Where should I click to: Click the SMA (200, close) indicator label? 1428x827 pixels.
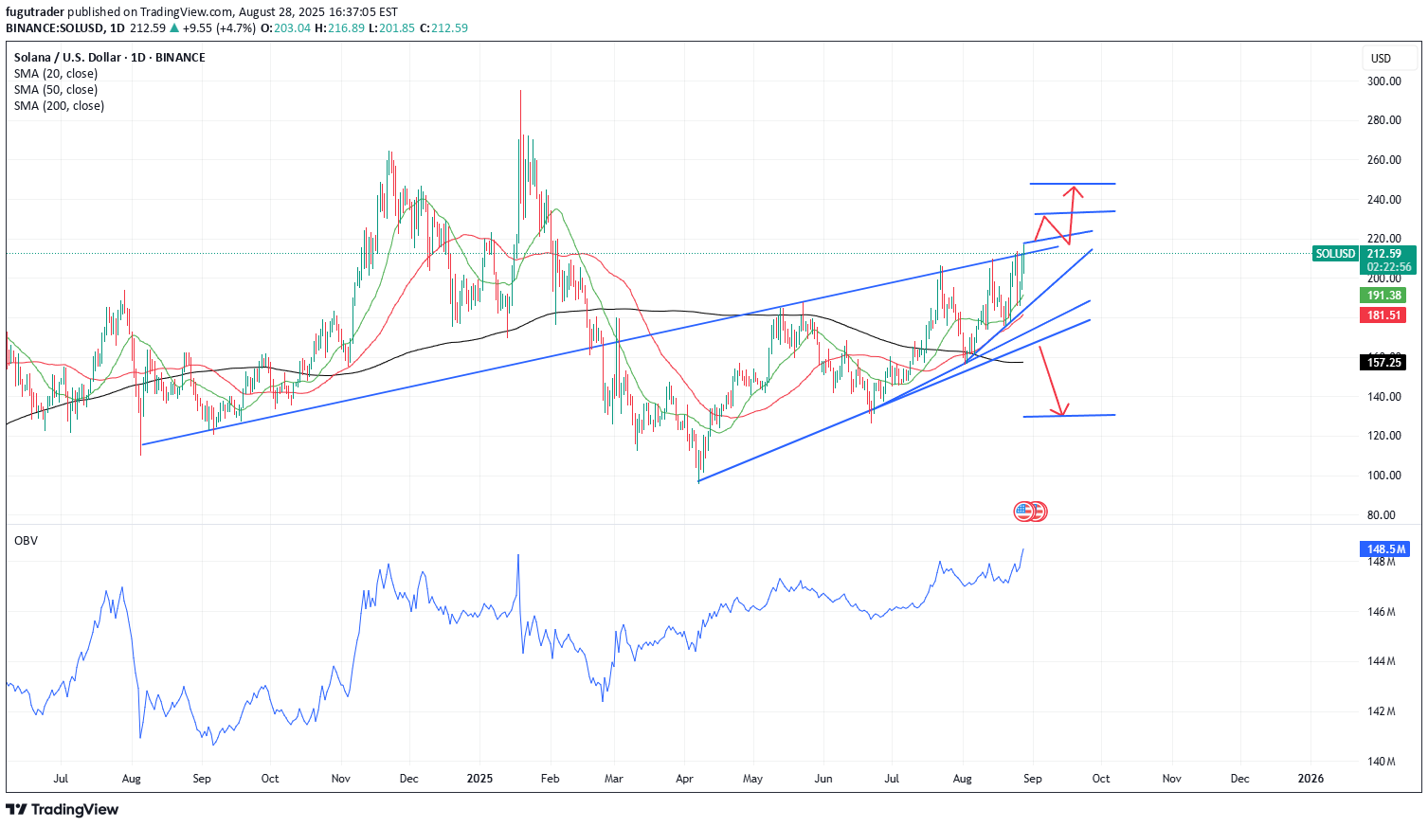(59, 106)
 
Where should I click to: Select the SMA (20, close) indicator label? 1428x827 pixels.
(55, 74)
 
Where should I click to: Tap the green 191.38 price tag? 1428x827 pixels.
(1383, 296)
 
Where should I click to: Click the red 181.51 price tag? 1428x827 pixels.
(1383, 315)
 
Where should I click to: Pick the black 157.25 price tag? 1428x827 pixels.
(1383, 362)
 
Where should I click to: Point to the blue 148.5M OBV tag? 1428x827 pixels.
(1384, 548)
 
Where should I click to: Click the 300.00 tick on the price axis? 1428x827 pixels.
(1383, 81)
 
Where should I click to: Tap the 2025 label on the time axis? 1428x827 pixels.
(480, 779)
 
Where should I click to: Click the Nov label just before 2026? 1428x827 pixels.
(1171, 779)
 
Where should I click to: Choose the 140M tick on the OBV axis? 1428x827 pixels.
(1383, 762)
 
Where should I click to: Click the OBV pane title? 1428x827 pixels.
(26, 540)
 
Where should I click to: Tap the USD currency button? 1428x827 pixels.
(1381, 59)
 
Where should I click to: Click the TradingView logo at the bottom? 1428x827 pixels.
(63, 809)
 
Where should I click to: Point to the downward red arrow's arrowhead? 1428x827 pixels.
(1062, 414)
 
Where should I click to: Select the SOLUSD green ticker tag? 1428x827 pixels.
(1335, 254)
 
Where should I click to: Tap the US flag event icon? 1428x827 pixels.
(1024, 512)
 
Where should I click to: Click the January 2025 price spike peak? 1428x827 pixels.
(520, 92)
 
